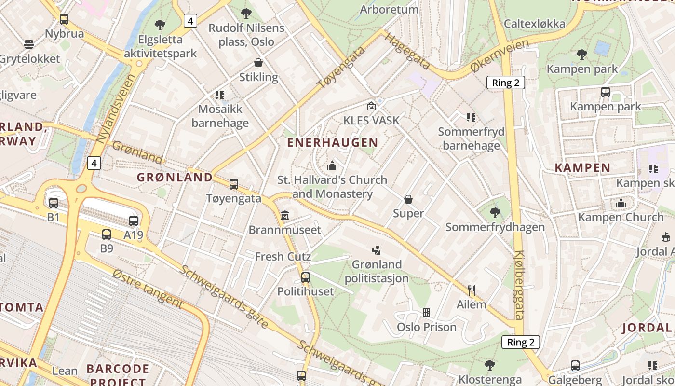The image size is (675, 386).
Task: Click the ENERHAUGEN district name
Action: (333, 142)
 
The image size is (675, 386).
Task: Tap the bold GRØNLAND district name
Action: (175, 177)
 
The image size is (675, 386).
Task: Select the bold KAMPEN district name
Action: (582, 168)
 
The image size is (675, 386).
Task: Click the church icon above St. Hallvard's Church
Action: (332, 166)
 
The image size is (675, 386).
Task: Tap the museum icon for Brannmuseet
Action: (285, 216)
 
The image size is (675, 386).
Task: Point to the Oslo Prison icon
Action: (426, 313)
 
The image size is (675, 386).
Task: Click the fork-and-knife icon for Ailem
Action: (472, 290)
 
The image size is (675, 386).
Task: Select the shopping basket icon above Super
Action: (408, 199)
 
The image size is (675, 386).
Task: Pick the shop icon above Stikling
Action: (258, 63)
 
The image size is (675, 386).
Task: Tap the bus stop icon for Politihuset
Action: (305, 277)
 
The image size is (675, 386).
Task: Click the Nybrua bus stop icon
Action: (64, 19)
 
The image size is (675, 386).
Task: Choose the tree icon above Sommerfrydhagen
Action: (495, 212)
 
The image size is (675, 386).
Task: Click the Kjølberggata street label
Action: (519, 285)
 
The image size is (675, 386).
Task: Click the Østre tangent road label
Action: (148, 289)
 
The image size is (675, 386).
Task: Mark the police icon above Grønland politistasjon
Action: (376, 250)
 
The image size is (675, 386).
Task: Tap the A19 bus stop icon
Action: (134, 221)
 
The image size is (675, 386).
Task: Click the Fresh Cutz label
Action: (283, 256)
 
